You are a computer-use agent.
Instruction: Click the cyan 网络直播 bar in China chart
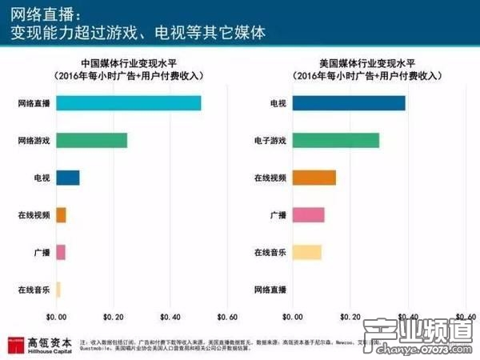(x=128, y=103)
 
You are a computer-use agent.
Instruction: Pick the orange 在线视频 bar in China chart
(x=61, y=215)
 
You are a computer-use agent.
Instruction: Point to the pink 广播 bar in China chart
(x=61, y=253)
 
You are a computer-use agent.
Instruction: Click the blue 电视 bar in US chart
(x=349, y=103)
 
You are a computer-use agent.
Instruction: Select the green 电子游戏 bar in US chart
(x=336, y=141)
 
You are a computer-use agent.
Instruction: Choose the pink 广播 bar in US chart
(x=309, y=215)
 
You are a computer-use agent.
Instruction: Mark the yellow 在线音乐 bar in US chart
(x=307, y=253)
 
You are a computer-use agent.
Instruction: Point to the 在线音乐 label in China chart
(x=34, y=290)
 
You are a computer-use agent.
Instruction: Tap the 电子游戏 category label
(x=270, y=141)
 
